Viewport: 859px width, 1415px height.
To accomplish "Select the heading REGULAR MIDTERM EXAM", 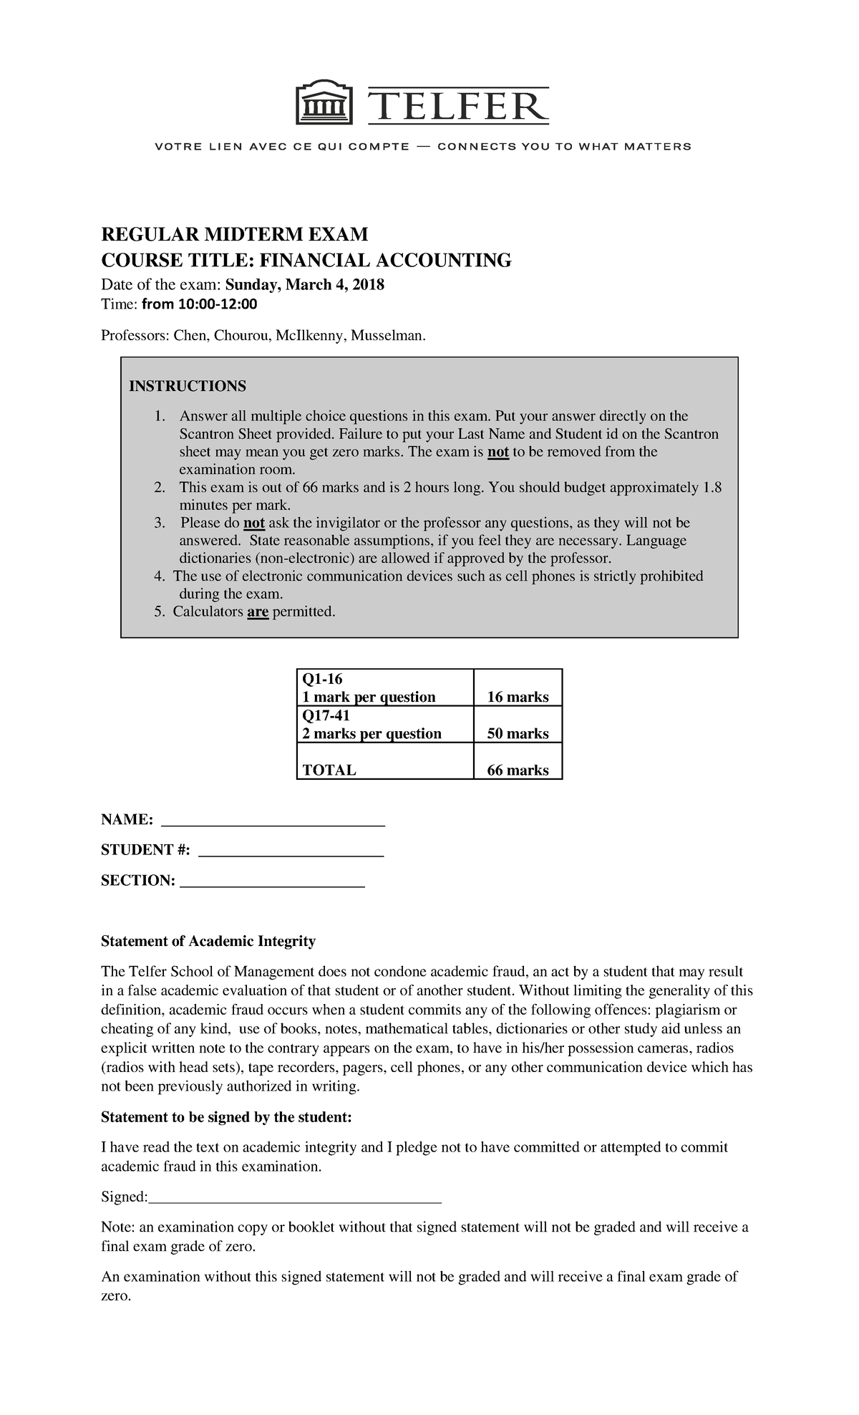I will click(x=234, y=234).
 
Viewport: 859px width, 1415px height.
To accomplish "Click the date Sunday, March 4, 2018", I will click(x=305, y=285).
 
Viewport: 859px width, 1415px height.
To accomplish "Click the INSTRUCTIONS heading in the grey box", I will click(x=187, y=387).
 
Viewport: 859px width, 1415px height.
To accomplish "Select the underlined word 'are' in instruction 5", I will click(x=258, y=612).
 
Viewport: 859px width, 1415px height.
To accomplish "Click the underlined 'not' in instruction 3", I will click(x=254, y=523).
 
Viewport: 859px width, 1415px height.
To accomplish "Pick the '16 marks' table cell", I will click(x=518, y=697).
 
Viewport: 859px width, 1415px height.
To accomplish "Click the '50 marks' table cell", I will click(x=518, y=733).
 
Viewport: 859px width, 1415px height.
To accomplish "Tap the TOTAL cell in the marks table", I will click(x=329, y=771).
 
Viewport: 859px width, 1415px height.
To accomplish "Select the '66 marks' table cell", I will click(x=518, y=771).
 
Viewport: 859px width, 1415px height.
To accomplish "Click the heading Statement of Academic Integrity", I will click(x=208, y=941).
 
